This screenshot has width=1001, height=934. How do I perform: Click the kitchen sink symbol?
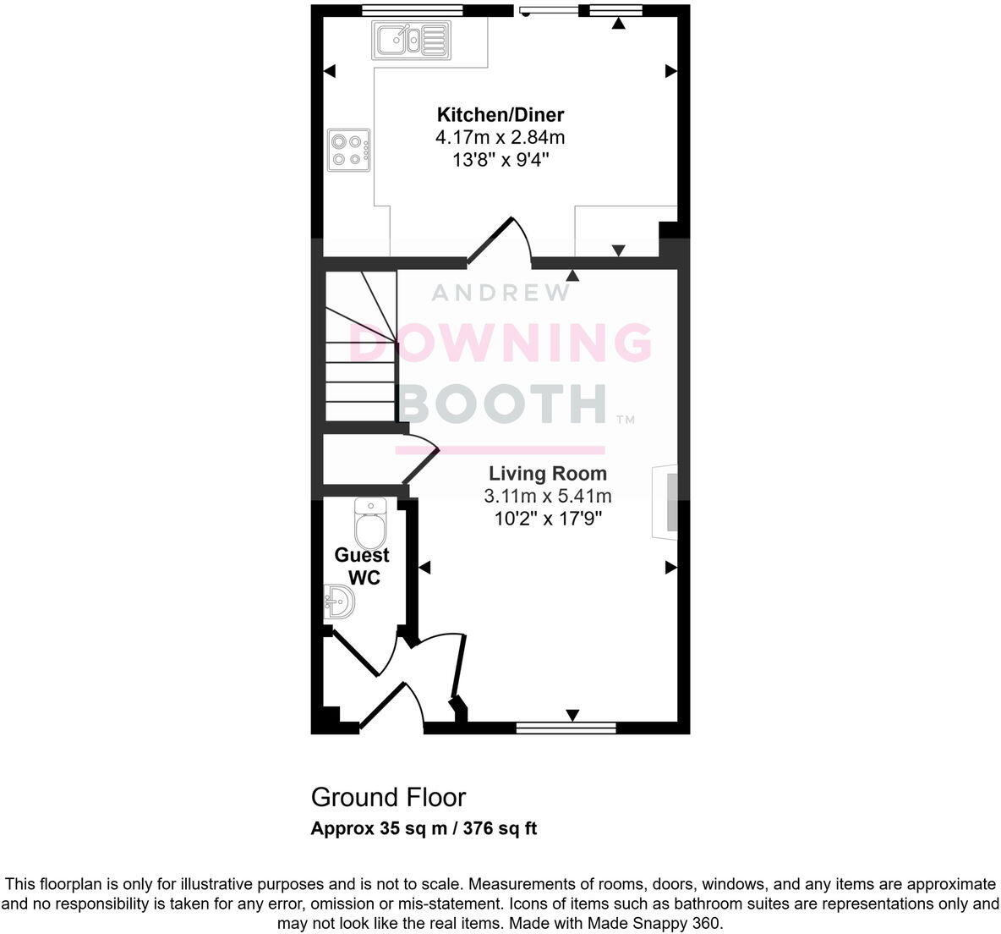click(412, 39)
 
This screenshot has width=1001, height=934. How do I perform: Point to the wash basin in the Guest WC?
click(340, 605)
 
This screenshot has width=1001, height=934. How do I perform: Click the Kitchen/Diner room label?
click(500, 115)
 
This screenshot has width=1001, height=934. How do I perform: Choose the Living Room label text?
click(547, 474)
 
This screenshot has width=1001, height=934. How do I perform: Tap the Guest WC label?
click(362, 566)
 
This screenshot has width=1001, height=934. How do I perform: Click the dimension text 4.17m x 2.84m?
click(500, 137)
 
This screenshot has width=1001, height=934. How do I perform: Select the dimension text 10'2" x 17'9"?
click(548, 518)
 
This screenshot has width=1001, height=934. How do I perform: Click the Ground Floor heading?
click(388, 797)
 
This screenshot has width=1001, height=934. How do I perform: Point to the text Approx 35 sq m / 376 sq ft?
click(424, 828)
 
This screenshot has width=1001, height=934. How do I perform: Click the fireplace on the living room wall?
click(665, 503)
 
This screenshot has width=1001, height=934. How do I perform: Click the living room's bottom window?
click(566, 726)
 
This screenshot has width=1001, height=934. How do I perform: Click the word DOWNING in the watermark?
click(500, 343)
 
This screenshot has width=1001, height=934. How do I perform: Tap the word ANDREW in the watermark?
click(500, 293)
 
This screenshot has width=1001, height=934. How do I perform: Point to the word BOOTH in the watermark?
click(503, 404)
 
